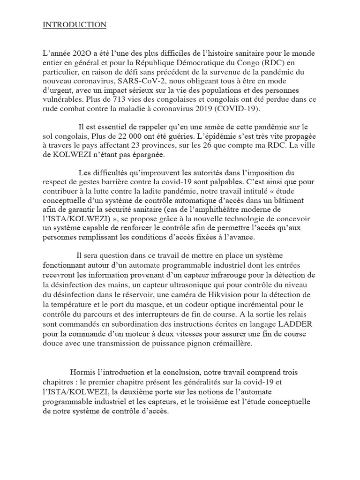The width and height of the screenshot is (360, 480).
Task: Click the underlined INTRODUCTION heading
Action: coord(75,25)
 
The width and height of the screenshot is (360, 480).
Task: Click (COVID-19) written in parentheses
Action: coord(243,108)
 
